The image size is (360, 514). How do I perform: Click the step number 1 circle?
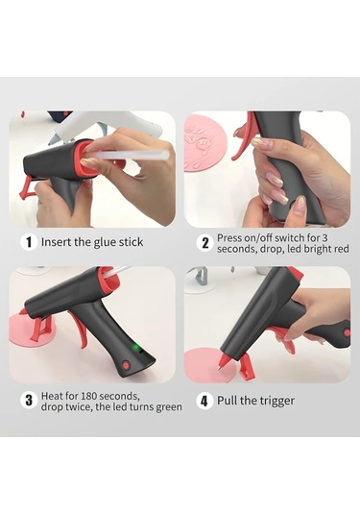(29, 242)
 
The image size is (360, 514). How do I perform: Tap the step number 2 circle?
(205, 243)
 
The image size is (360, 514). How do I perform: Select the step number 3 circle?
(29, 401)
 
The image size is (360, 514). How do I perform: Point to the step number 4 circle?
(204, 401)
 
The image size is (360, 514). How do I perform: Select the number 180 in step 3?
(88, 396)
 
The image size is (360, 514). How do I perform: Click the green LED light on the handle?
(135, 347)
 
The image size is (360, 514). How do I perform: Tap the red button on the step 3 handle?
(126, 364)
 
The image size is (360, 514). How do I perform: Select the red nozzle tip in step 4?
(225, 361)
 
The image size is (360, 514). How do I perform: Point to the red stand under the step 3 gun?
(40, 329)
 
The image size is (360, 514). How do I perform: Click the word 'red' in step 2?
(340, 249)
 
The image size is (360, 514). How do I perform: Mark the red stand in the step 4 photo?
(246, 366)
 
